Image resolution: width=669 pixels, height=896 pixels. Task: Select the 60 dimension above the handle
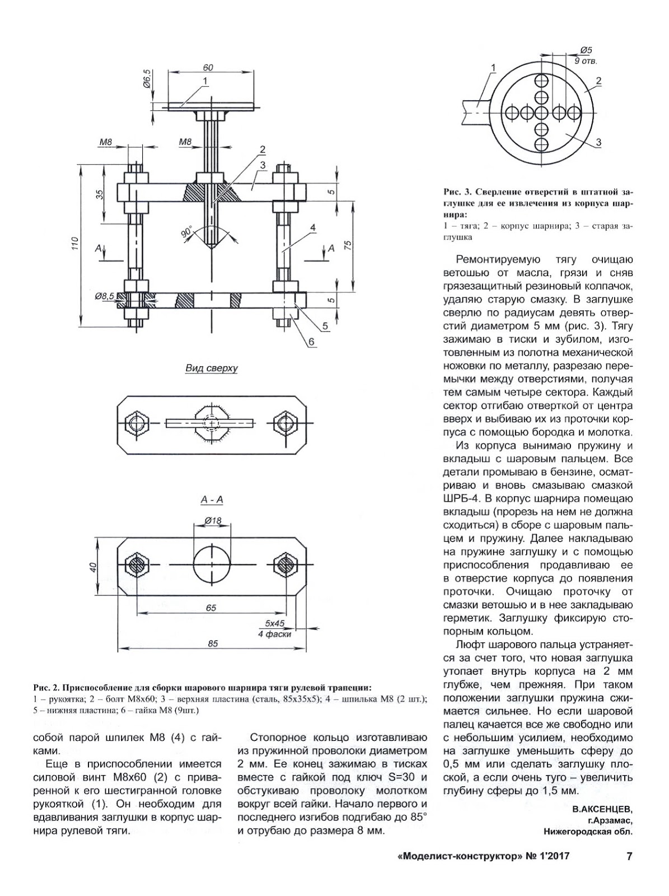(x=208, y=67)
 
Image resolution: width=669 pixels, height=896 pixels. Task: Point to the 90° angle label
(x=186, y=233)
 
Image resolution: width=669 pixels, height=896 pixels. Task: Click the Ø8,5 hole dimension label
(x=104, y=295)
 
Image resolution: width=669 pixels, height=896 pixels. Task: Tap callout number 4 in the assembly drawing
(x=312, y=227)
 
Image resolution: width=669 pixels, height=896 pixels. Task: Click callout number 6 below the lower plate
(x=311, y=342)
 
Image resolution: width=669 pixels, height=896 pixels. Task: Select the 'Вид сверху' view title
(x=212, y=368)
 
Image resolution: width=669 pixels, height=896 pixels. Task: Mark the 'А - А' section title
(x=212, y=500)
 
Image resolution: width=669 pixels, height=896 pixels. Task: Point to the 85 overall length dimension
(x=213, y=643)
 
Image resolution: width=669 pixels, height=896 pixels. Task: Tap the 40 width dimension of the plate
(x=93, y=567)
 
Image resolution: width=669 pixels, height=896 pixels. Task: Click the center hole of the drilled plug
(x=541, y=113)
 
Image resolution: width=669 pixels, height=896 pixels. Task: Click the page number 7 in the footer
(x=629, y=856)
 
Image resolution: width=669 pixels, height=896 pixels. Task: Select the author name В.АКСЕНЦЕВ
(x=602, y=809)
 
